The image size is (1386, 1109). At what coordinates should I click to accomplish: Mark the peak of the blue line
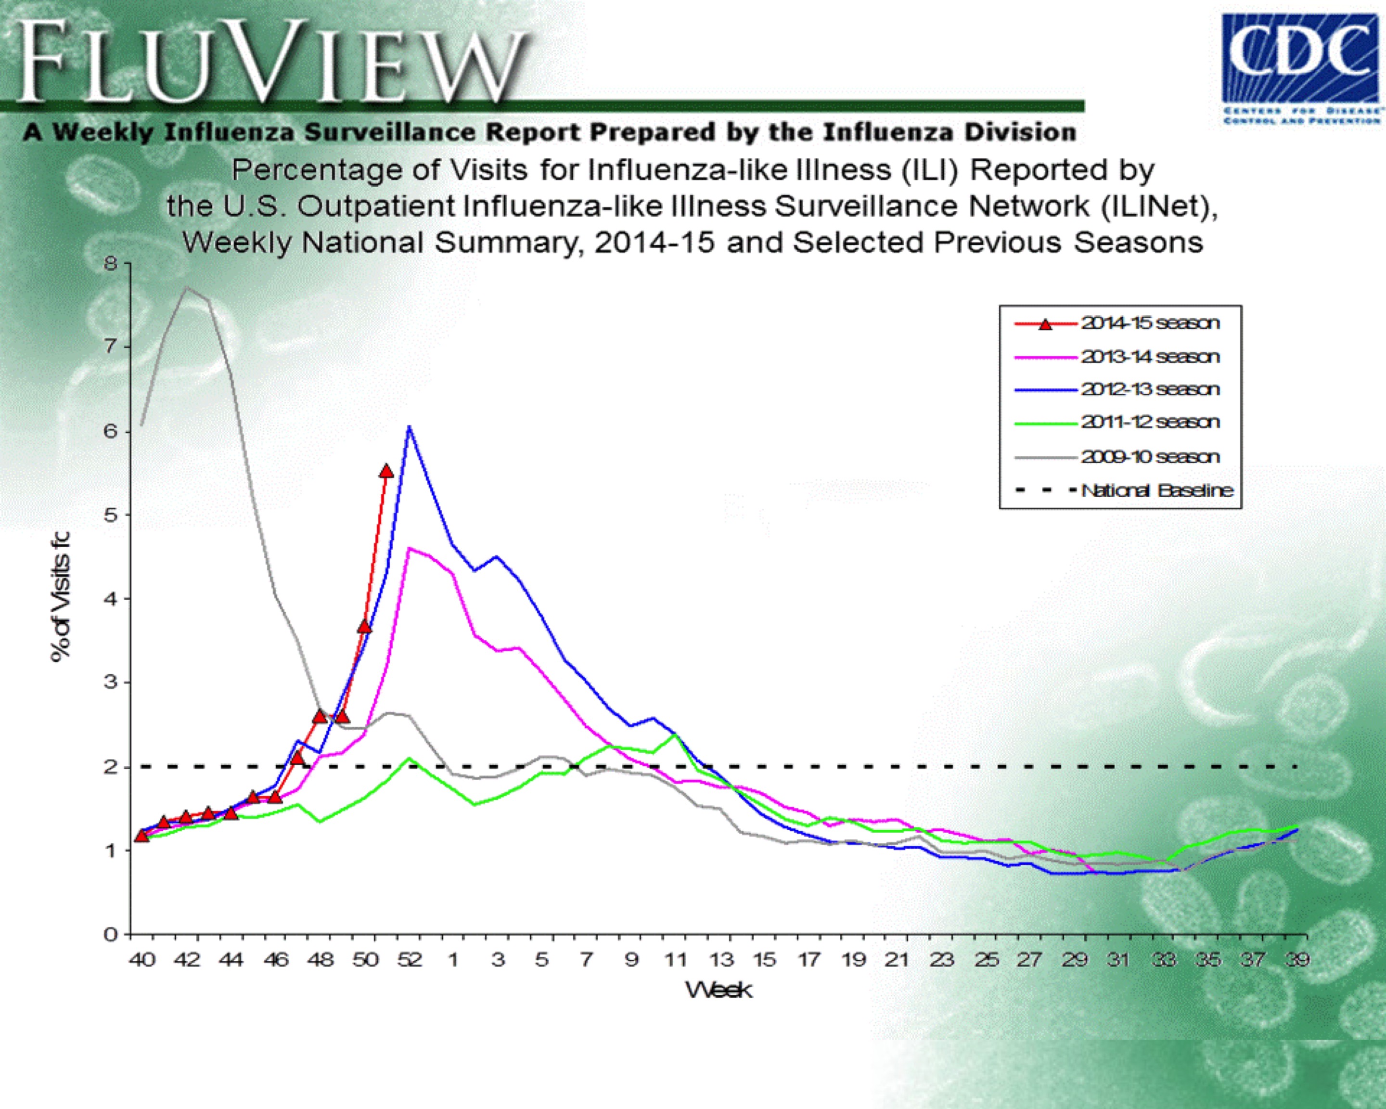coord(409,427)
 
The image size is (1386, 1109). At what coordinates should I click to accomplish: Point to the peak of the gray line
coord(186,287)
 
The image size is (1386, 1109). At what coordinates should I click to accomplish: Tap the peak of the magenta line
coord(410,548)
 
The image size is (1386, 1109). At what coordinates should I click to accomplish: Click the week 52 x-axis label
coord(410,960)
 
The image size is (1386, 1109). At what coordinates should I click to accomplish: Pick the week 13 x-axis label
coord(721,960)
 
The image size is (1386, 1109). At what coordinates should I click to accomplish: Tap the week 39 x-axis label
coord(1297,960)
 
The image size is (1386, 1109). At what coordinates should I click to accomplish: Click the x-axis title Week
coord(719,990)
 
